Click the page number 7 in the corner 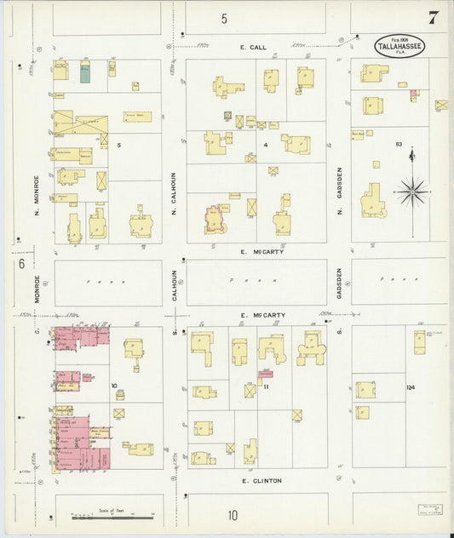[434, 17]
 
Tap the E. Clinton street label [261, 480]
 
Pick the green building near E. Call [85, 72]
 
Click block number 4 [266, 145]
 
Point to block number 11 [266, 387]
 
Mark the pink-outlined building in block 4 [217, 218]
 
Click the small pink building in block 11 [265, 374]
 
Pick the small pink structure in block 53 [414, 94]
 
